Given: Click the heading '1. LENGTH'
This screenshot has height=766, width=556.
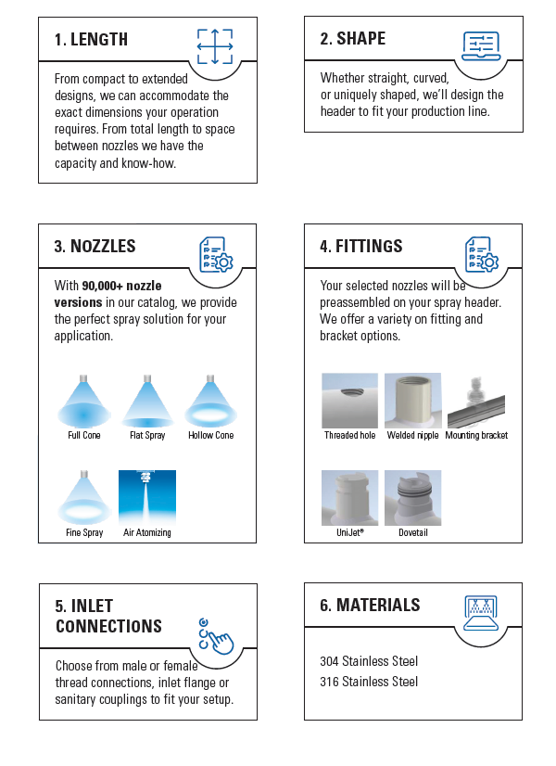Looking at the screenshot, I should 91,40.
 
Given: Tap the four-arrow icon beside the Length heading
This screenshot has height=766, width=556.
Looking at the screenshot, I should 215,46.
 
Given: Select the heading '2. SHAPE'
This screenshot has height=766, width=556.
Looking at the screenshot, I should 353,39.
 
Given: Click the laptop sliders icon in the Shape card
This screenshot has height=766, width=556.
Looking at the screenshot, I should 480,46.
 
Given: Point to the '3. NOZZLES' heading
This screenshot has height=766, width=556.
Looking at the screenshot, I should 95,247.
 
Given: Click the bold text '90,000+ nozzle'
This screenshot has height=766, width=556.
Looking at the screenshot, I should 122,287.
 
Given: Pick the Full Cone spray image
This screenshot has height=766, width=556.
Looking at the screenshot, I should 84,401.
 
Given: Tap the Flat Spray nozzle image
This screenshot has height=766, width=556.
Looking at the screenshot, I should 147,401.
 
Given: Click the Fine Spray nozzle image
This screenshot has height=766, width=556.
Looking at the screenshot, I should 85,497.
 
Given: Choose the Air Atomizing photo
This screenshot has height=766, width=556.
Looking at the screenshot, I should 147,497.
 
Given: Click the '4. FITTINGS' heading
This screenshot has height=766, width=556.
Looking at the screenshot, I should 361,247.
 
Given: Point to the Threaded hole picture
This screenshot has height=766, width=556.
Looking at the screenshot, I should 349,401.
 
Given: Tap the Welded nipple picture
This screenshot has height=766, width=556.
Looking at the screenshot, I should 412,401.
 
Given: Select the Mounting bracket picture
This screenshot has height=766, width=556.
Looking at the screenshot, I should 476,401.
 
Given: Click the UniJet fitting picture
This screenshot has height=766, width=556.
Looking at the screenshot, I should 349,498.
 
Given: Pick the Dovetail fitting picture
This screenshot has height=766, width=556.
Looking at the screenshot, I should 412,498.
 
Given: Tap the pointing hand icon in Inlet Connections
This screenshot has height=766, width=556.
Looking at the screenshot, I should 215,636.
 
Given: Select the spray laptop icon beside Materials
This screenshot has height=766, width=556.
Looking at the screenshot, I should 480,613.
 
